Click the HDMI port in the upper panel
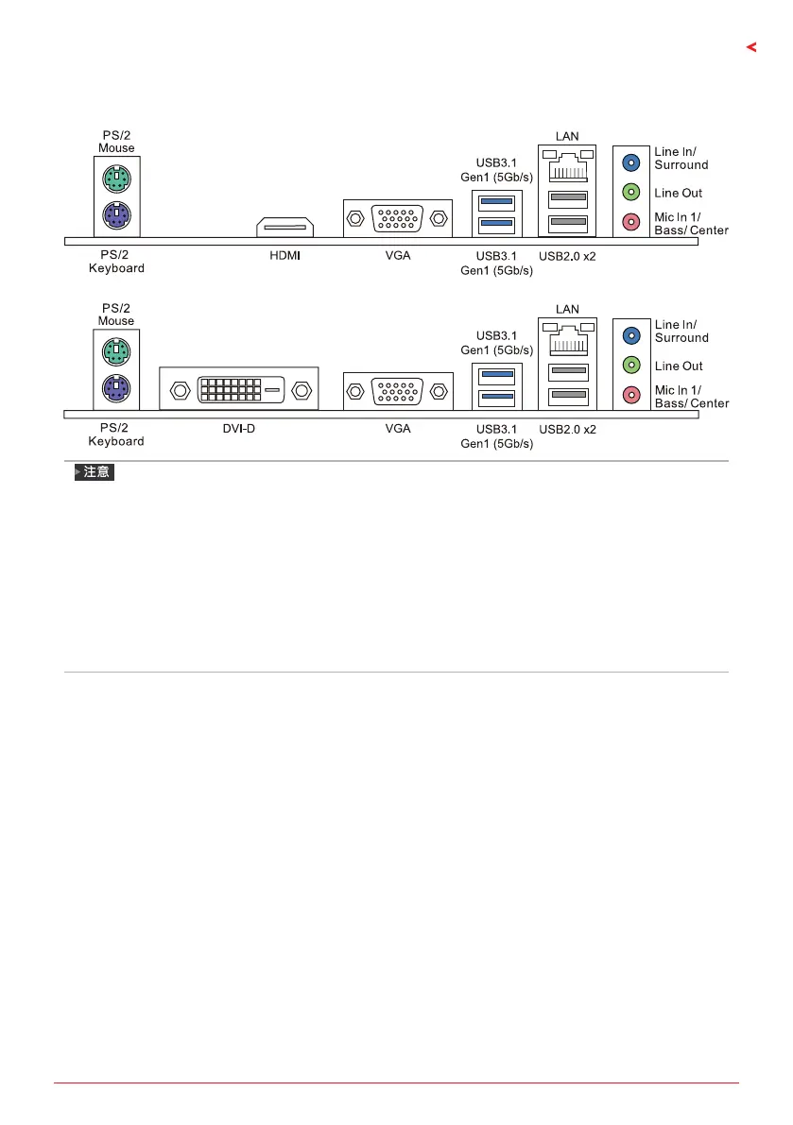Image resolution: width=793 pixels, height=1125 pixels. tap(284, 227)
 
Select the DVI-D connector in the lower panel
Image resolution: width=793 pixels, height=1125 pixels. tap(239, 388)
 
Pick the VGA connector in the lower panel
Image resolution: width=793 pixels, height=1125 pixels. tap(396, 391)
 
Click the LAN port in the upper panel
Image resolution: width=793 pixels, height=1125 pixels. tap(567, 165)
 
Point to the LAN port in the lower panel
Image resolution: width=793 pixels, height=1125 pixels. tap(567, 338)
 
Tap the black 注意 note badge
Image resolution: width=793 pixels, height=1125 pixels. tap(95, 471)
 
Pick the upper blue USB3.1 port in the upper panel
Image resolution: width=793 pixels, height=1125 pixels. tap(495, 201)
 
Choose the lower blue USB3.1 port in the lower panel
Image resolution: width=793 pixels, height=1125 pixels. tap(495, 396)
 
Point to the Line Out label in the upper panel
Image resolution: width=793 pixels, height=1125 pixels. tap(679, 193)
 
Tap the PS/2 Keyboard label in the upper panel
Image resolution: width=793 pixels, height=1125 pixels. tap(116, 262)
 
